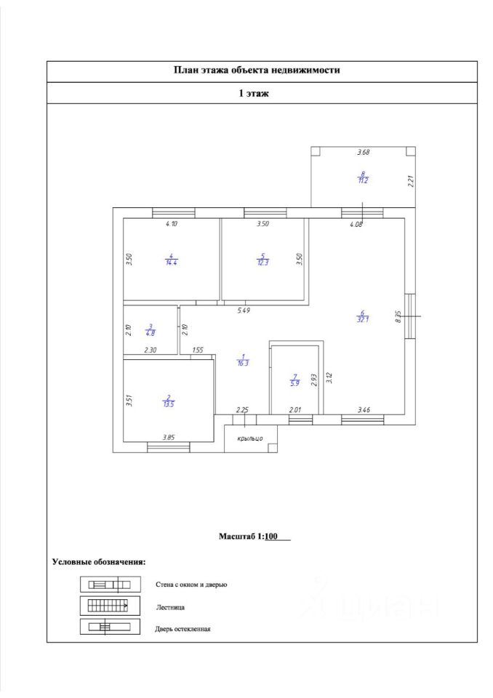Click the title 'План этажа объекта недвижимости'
(x=257, y=71)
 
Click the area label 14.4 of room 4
(x=172, y=262)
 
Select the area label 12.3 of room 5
(x=263, y=262)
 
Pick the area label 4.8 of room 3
(x=151, y=333)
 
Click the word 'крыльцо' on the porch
(x=250, y=438)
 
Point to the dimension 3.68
(x=363, y=153)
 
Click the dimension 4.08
(x=356, y=225)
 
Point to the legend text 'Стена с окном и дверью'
(x=191, y=585)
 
